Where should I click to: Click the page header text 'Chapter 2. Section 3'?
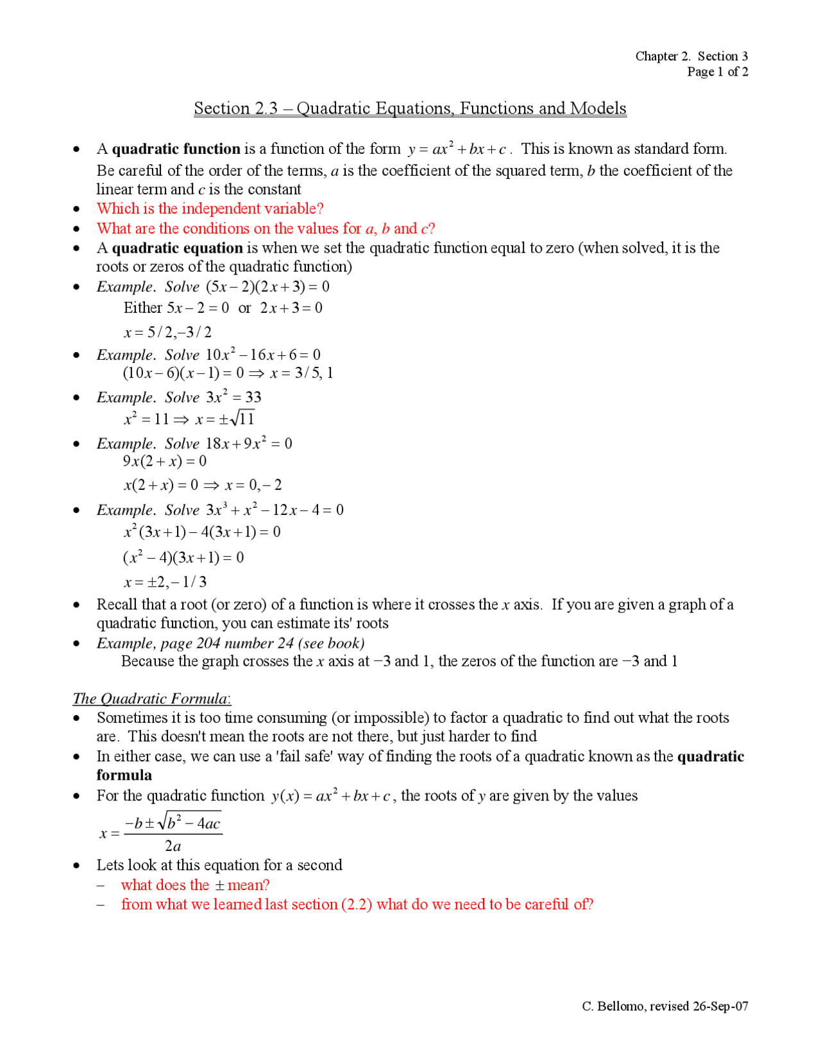691,56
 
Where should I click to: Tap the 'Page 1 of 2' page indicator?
717,72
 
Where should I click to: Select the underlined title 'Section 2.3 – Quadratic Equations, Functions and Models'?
410,108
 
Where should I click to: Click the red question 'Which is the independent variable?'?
210,209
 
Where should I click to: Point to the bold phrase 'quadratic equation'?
177,248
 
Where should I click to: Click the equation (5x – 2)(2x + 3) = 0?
267,287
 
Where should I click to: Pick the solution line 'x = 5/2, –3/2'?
167,332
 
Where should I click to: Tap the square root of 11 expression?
241,419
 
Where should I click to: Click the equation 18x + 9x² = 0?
249,444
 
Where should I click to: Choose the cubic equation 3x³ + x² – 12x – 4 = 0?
275,510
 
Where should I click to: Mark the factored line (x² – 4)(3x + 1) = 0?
183,558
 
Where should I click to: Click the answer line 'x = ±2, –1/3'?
165,582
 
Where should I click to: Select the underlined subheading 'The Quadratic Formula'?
151,699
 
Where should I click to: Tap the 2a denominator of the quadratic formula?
173,846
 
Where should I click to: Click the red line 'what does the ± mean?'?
195,886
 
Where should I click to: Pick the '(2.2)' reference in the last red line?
357,905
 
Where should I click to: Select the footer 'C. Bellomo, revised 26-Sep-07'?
664,1006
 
